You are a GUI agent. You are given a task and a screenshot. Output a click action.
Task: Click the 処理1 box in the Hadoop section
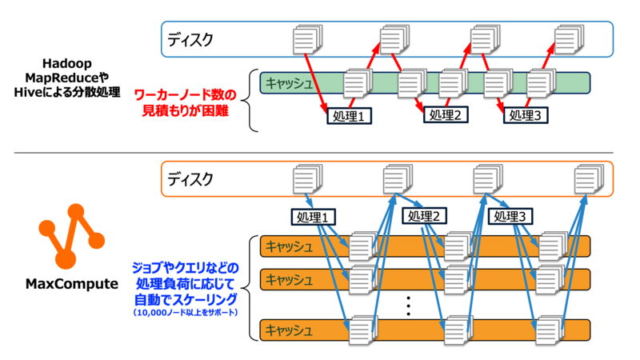click(350, 117)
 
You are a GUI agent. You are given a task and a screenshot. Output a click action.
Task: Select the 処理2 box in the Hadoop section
click(446, 115)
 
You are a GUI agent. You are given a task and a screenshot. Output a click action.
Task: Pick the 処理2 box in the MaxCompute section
click(424, 216)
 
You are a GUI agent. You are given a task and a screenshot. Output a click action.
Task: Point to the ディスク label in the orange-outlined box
click(191, 178)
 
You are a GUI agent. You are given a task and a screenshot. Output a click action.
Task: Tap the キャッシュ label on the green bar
click(290, 82)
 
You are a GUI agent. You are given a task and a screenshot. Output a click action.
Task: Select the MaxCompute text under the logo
click(73, 283)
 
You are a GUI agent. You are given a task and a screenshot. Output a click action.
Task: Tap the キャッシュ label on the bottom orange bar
click(292, 329)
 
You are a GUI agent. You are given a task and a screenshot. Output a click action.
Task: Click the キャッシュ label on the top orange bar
click(292, 246)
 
